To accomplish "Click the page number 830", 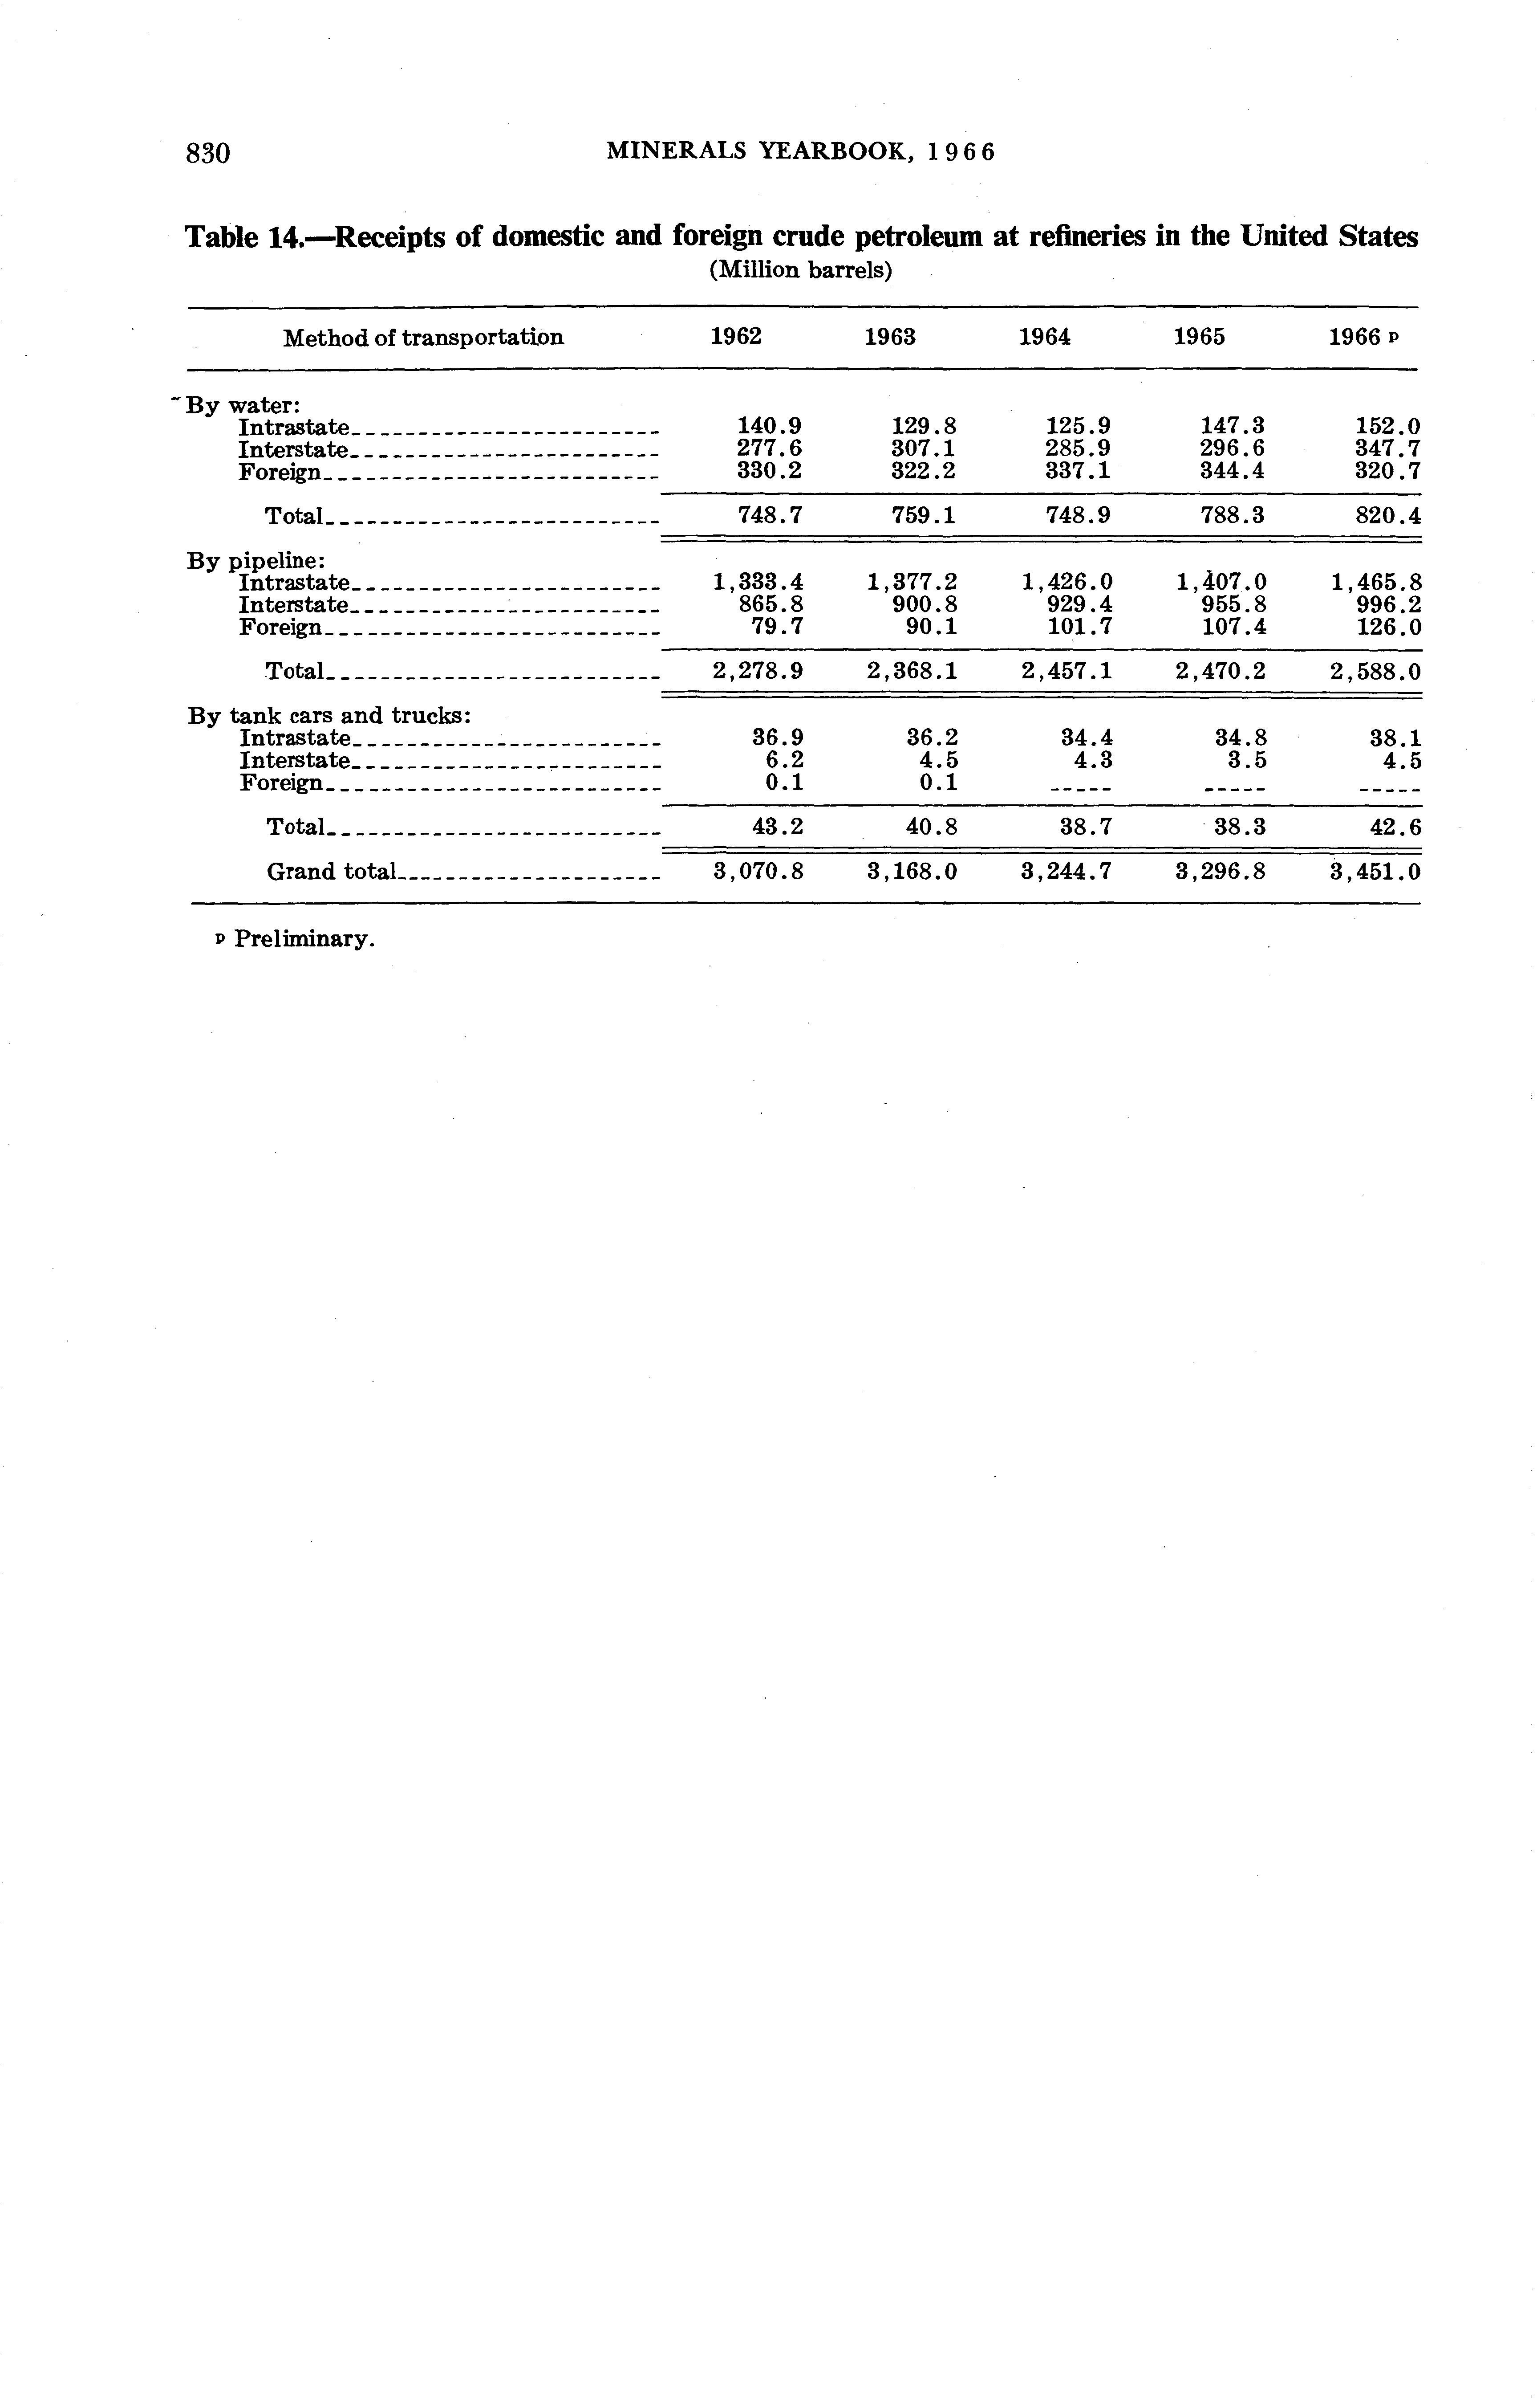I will (209, 153).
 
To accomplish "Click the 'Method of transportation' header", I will (423, 338).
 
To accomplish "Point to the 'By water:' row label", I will (243, 405).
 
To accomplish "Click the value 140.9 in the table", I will (768, 427).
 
